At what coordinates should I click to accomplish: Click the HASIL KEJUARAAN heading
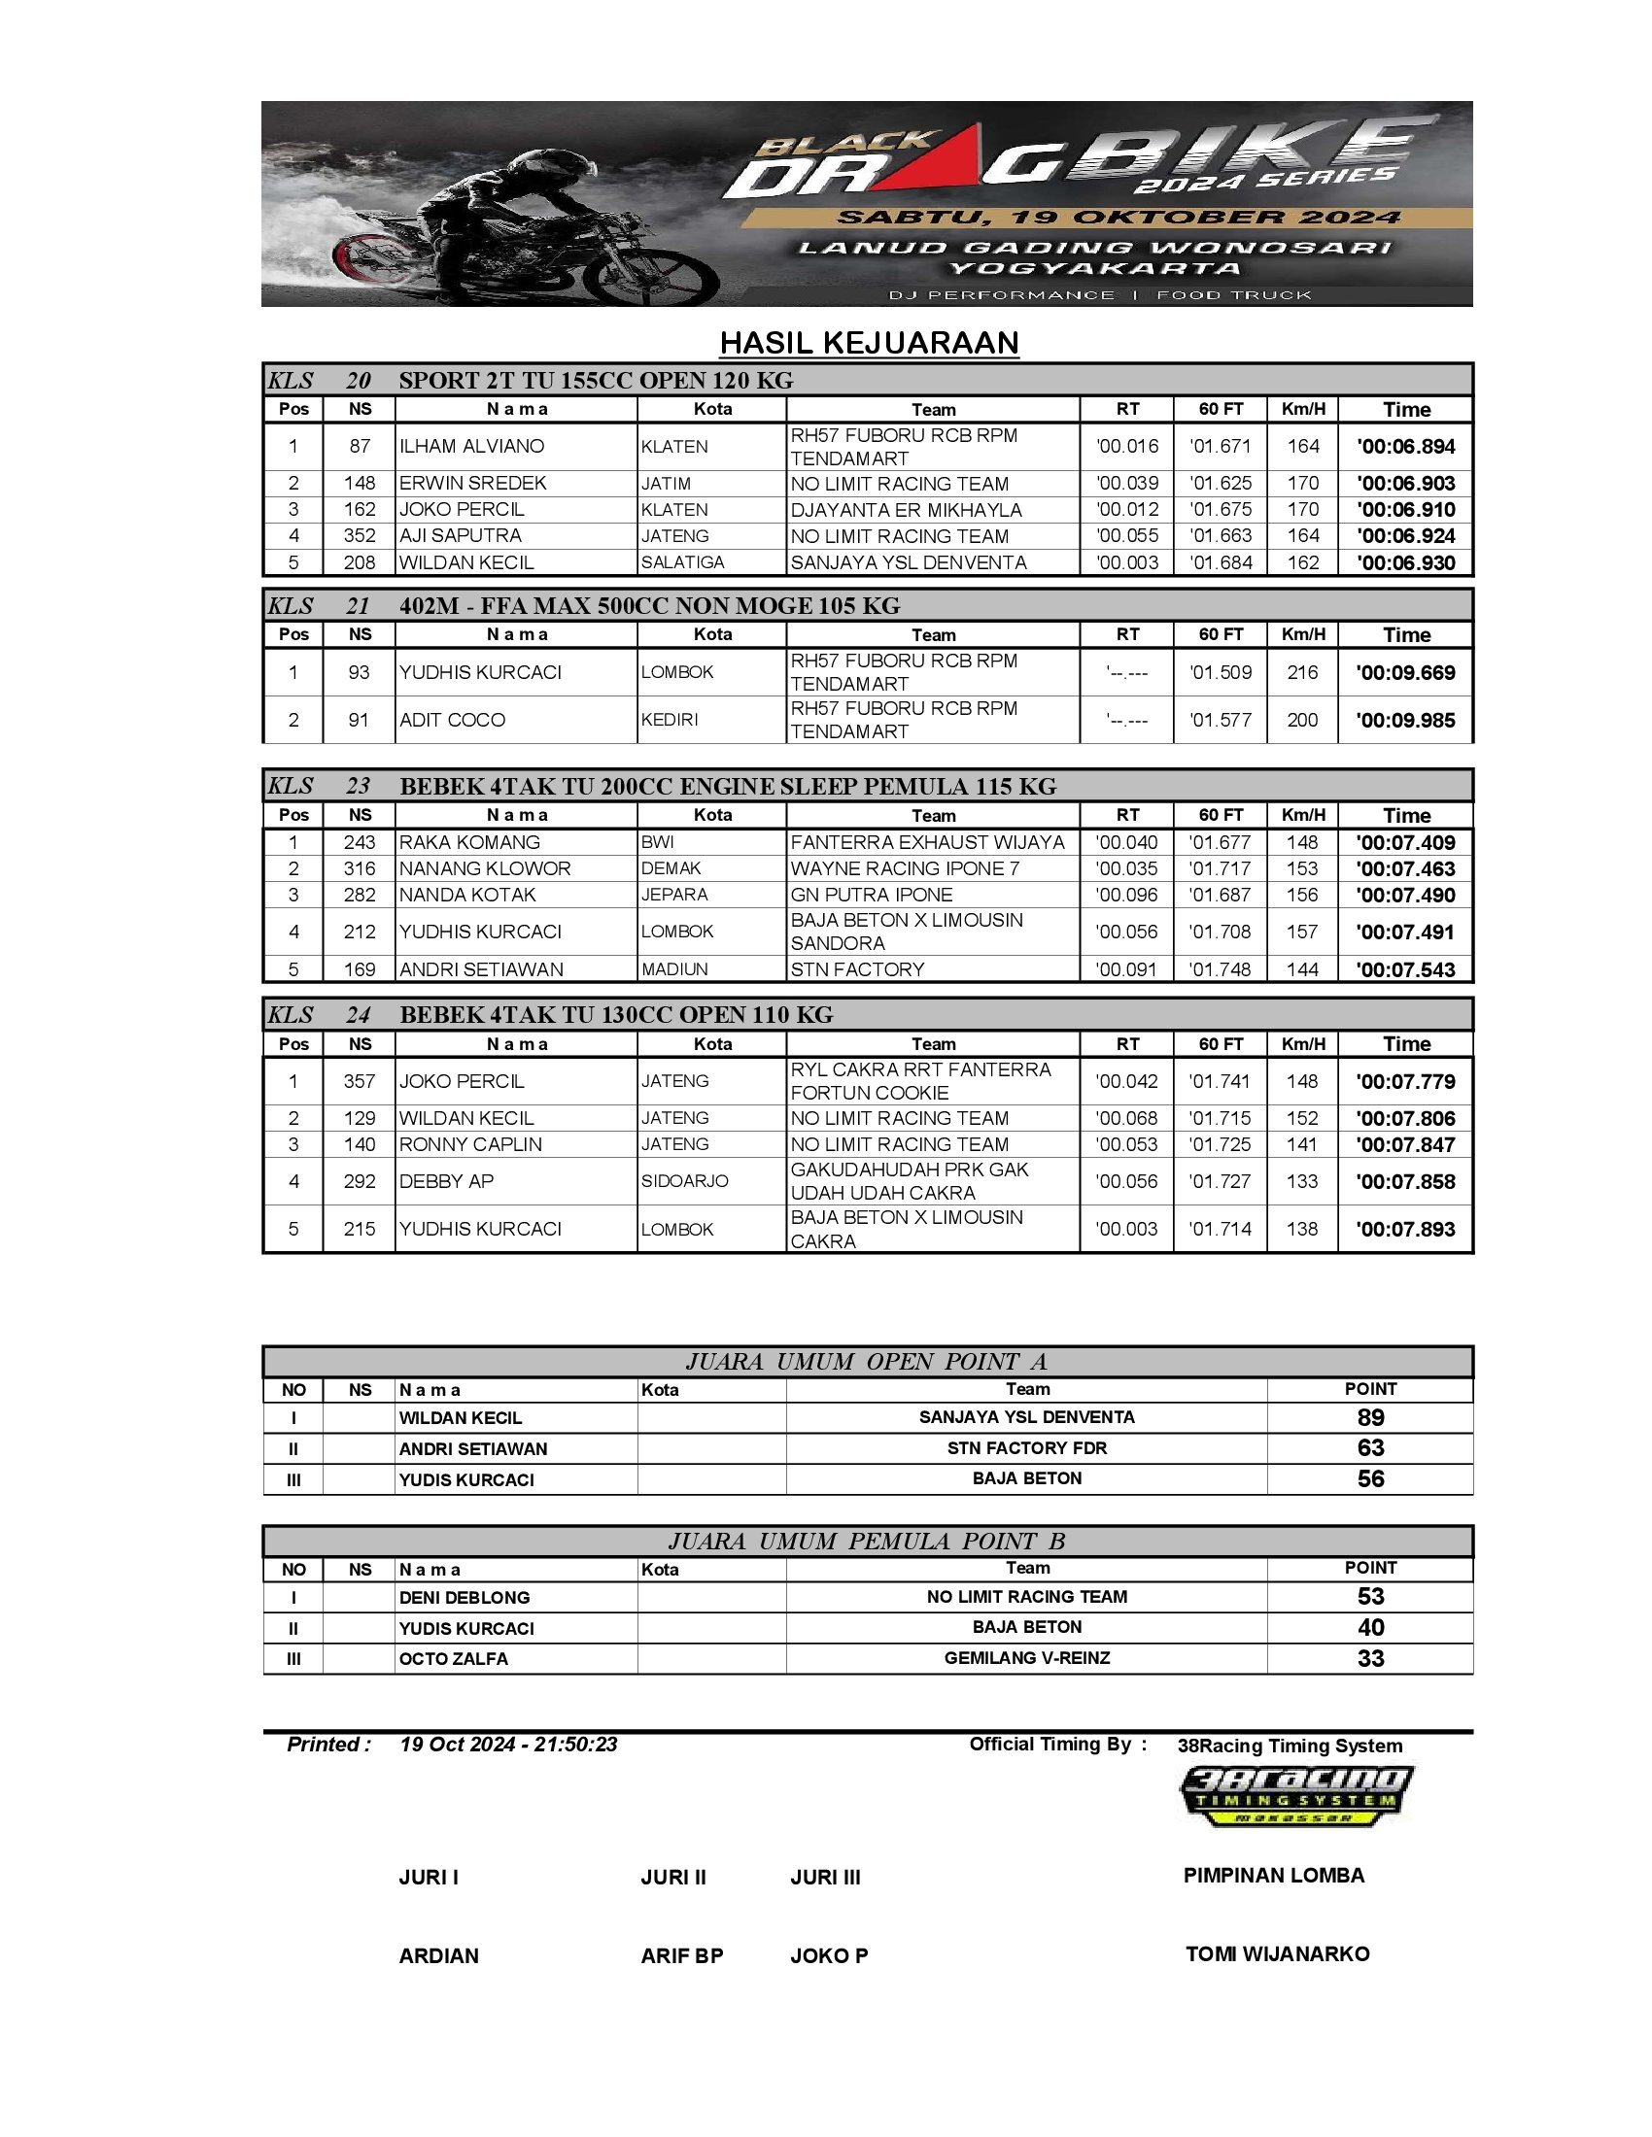pyautogui.click(x=869, y=343)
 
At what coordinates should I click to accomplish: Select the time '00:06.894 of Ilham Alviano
pyautogui.click(x=1405, y=447)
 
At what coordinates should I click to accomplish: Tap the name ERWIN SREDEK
pyautogui.click(x=472, y=484)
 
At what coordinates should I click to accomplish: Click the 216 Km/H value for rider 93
pyautogui.click(x=1301, y=672)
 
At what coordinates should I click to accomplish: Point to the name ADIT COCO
pyautogui.click(x=452, y=720)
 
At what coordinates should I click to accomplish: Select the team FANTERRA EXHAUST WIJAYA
pyautogui.click(x=927, y=842)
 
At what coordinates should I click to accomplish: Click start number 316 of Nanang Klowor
pyautogui.click(x=360, y=869)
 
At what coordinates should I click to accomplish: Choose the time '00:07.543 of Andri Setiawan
pyautogui.click(x=1405, y=969)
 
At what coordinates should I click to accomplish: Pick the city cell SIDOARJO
pyautogui.click(x=684, y=1181)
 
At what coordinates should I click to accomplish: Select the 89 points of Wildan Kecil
pyautogui.click(x=1370, y=1418)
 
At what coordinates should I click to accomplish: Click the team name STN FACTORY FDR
pyautogui.click(x=1026, y=1448)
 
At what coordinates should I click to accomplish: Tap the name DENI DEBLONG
pyautogui.click(x=464, y=1598)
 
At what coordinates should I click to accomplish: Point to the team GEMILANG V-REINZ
pyautogui.click(x=1026, y=1657)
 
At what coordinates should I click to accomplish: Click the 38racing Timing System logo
pyautogui.click(x=1294, y=1794)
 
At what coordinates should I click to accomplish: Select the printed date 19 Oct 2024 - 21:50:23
pyautogui.click(x=508, y=1745)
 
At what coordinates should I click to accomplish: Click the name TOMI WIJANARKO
pyautogui.click(x=1277, y=1954)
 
